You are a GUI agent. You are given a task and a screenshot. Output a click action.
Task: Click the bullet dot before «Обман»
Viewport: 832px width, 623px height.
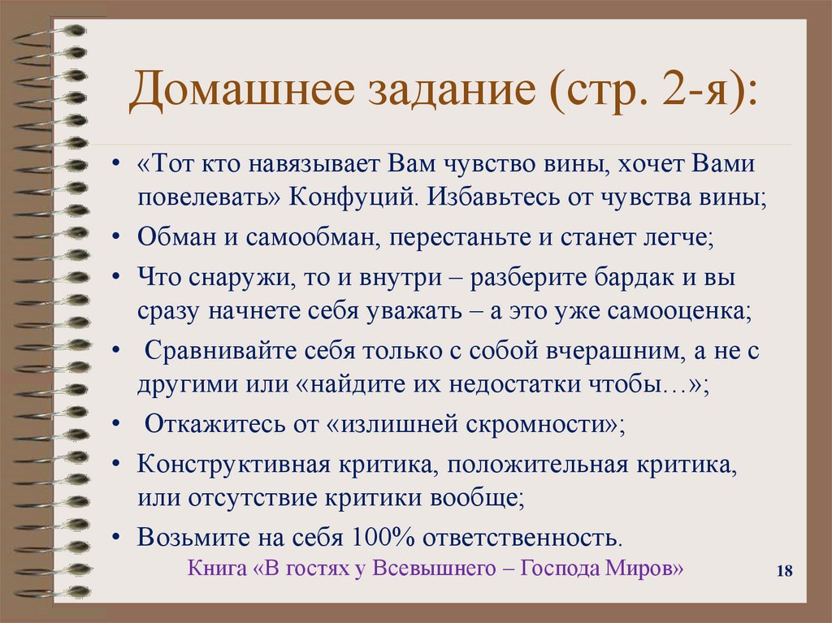(x=119, y=239)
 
